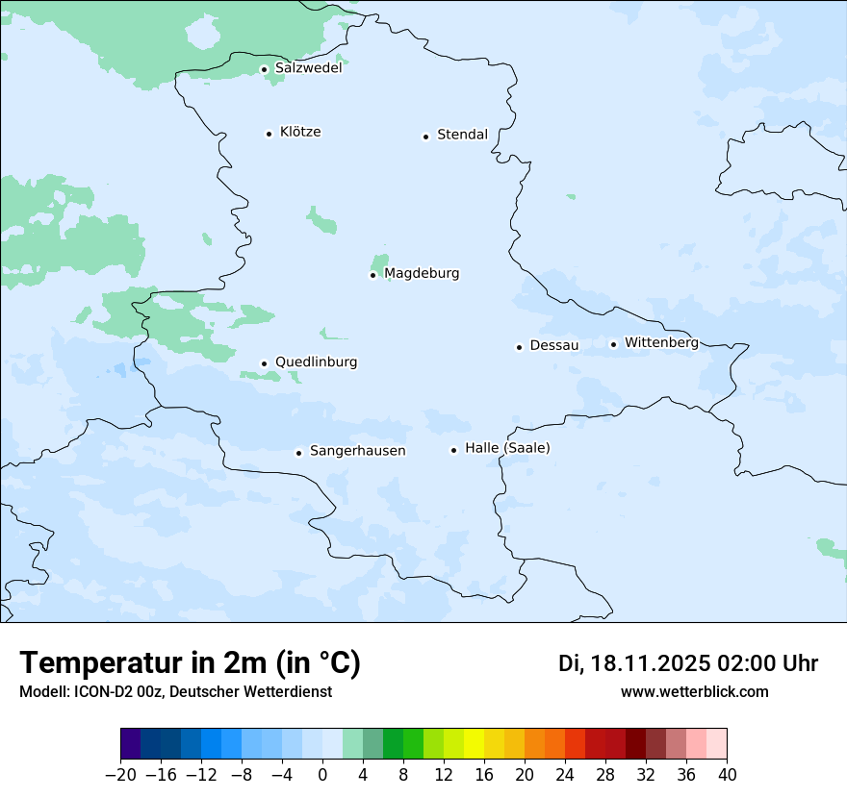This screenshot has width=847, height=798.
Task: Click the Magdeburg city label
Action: click(x=422, y=274)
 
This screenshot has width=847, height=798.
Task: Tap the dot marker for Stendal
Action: click(x=425, y=137)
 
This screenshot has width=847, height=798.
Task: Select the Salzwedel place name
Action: click(x=308, y=68)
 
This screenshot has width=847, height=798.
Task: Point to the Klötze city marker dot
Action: click(x=269, y=134)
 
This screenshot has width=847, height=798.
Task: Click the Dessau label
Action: click(x=554, y=346)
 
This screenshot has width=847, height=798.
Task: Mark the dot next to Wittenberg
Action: click(x=613, y=344)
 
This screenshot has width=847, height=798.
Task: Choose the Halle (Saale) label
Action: click(x=507, y=449)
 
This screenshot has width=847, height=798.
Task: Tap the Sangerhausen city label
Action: click(x=357, y=451)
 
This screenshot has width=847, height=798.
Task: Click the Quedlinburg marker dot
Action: click(x=264, y=363)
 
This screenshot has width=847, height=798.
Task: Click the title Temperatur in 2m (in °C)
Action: click(x=190, y=663)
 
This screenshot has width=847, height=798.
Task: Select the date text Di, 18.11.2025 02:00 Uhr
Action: click(x=688, y=663)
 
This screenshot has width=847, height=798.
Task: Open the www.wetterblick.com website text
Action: click(x=694, y=692)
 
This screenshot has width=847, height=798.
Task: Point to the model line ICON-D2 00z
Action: click(x=175, y=692)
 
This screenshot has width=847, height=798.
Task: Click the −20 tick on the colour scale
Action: click(x=121, y=775)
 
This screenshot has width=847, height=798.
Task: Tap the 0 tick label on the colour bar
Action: click(x=322, y=775)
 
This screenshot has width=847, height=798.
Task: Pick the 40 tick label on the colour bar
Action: click(x=727, y=775)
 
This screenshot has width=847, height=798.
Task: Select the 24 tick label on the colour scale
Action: click(x=565, y=775)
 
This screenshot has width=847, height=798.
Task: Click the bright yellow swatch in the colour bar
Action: click(x=474, y=744)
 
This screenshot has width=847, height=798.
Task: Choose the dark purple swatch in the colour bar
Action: click(x=131, y=744)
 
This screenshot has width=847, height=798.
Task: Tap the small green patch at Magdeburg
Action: click(x=380, y=262)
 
